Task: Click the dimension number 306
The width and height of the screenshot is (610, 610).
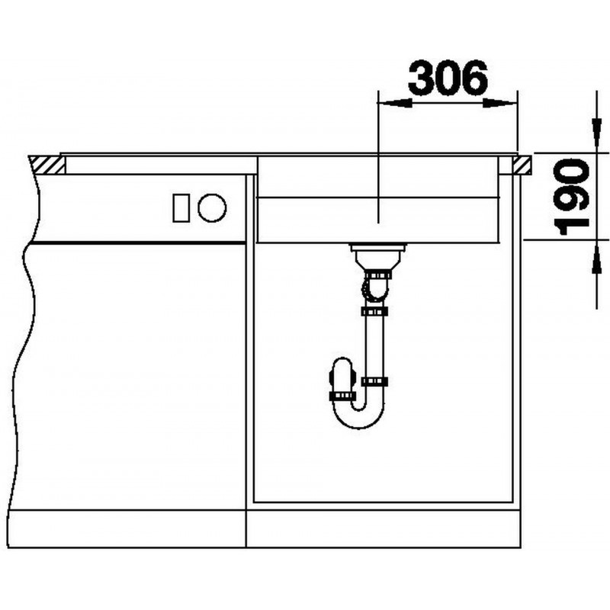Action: [x=448, y=78]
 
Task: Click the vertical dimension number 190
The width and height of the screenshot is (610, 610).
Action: [x=573, y=197]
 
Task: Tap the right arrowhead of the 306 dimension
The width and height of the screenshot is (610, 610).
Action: [x=500, y=103]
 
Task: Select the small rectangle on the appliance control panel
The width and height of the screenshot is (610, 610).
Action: [x=181, y=208]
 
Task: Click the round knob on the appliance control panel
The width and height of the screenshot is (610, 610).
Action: [x=212, y=208]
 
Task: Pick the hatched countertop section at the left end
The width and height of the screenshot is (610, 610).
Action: [x=47, y=165]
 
